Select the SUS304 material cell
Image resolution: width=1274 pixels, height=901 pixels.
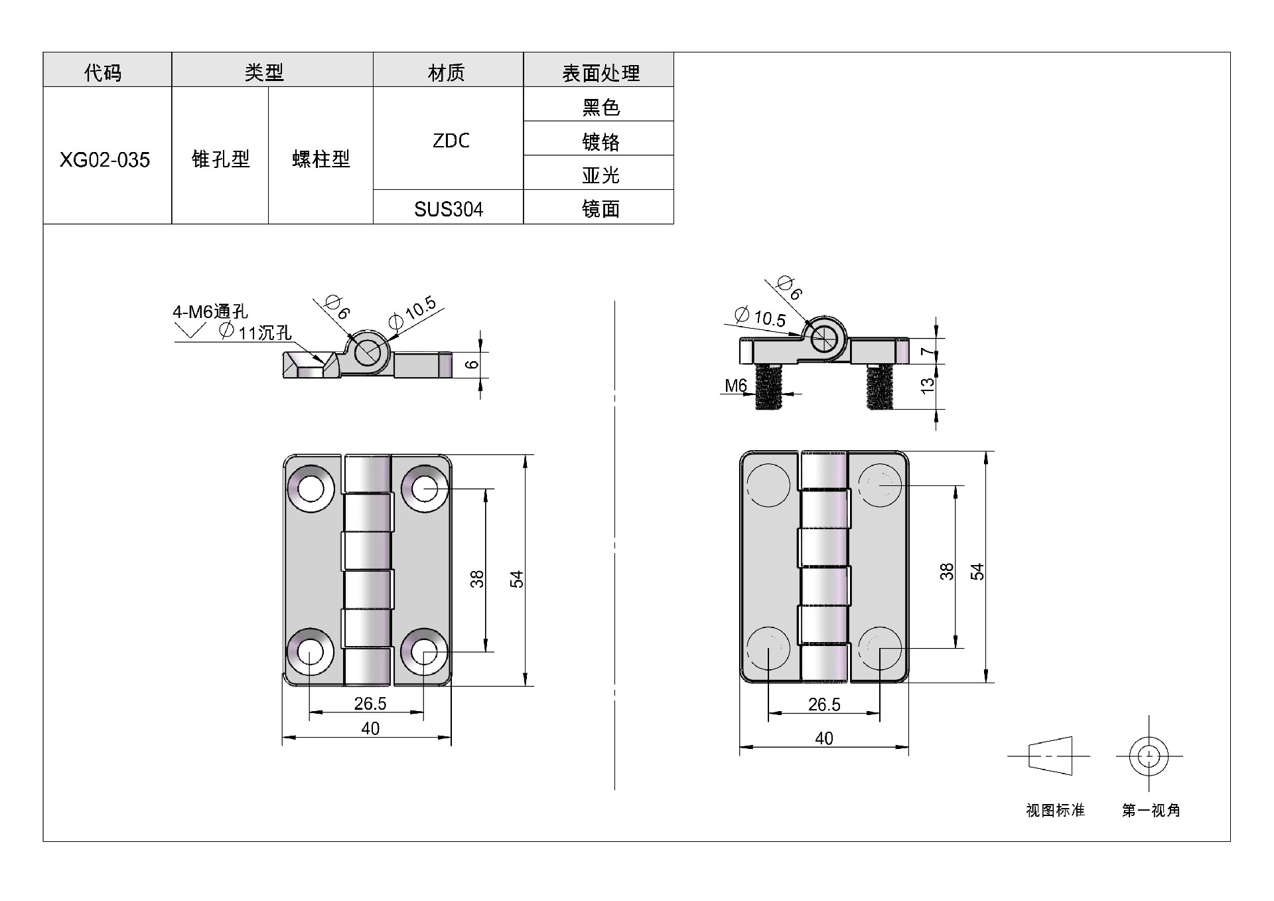[x=449, y=209]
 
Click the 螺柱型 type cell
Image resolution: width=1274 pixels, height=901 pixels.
[x=321, y=159]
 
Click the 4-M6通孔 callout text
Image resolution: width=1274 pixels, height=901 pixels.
[x=210, y=311]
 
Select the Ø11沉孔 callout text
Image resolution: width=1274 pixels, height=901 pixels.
[x=255, y=331]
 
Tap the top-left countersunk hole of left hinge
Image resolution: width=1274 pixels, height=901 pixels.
[x=309, y=490]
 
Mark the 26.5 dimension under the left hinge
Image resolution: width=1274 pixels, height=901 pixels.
[x=370, y=703]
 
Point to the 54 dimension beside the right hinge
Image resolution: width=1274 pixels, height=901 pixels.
[x=977, y=572]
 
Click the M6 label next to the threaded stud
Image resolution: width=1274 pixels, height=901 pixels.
[x=736, y=386]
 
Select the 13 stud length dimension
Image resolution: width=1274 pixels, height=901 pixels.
[x=928, y=385]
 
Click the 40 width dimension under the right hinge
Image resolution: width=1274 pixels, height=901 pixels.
[x=824, y=738]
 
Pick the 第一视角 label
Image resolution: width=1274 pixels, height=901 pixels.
[x=1151, y=810]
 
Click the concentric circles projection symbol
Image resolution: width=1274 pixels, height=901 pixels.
[x=1149, y=756]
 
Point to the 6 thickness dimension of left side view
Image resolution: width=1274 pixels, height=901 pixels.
[x=472, y=365]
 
